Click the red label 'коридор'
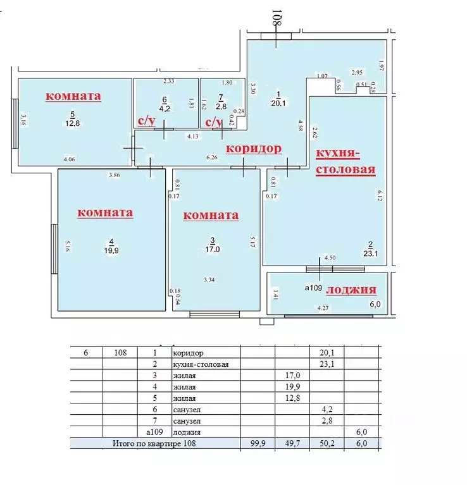pos(254,149)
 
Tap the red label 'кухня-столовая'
pos(346,162)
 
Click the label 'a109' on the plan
pos(314,288)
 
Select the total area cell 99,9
pos(258,444)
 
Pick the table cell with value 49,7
pos(292,444)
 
